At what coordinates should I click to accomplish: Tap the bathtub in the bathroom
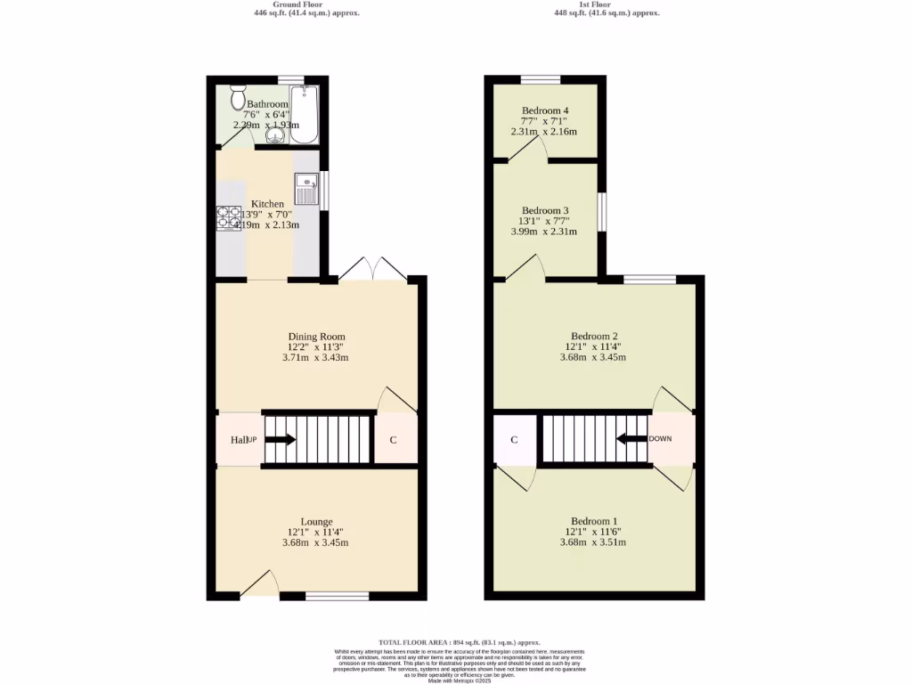coord(305,114)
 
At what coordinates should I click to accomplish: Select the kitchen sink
coord(307,190)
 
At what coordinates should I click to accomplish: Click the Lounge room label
coord(316,522)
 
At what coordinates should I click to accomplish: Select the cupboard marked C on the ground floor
coord(393,440)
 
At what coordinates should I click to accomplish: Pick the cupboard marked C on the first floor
coord(515,440)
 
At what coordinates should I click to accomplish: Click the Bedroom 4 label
coord(544,110)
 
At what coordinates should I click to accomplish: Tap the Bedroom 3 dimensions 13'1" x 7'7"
coord(544,221)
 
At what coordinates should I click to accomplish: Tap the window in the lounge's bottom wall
coord(337,595)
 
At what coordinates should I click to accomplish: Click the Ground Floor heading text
coord(304,4)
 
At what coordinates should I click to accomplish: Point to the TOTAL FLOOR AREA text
coord(460,642)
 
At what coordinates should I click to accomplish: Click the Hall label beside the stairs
coord(237,440)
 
